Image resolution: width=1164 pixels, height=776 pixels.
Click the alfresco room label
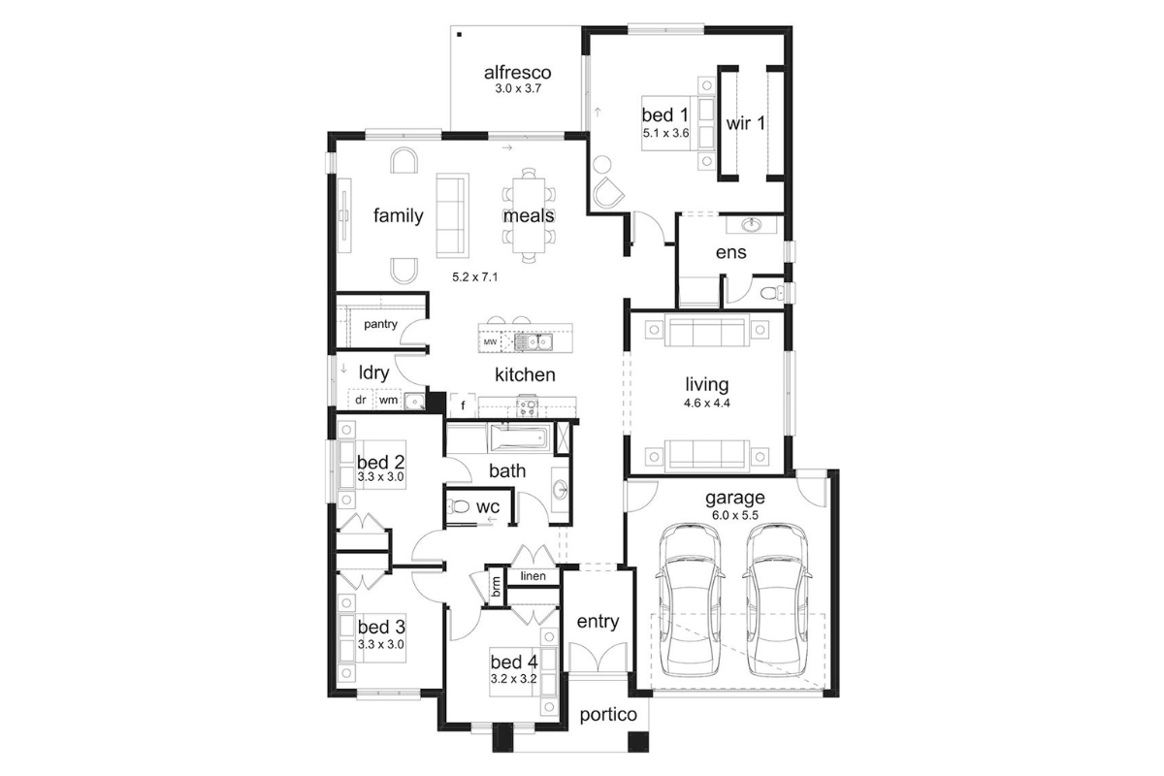pos(517,72)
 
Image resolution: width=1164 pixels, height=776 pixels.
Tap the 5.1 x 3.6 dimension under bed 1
pos(665,133)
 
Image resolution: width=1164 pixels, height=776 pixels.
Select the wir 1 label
pos(745,124)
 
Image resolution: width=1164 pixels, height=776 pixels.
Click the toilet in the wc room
pos(458,505)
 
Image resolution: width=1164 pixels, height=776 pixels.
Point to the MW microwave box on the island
pos(490,342)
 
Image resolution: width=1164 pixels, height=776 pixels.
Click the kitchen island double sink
pos(533,342)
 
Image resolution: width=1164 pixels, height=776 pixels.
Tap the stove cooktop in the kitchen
pos(528,405)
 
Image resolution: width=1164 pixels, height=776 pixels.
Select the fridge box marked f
pos(463,404)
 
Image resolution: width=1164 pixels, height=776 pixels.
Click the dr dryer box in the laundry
pos(361,400)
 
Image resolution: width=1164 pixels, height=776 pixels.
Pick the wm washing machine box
pos(388,400)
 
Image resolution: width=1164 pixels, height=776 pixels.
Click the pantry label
pos(380,324)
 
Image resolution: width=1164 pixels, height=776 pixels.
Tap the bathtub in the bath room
pos(520,438)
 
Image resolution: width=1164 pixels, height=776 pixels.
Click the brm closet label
pos(497,587)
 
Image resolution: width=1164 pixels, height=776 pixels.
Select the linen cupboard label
pos(533,576)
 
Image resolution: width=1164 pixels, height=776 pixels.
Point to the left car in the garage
pos(690,600)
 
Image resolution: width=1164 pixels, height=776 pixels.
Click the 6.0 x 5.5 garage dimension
pos(735,516)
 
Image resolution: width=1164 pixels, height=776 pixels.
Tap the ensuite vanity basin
pos(751,225)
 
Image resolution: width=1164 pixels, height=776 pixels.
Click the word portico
pos(608,715)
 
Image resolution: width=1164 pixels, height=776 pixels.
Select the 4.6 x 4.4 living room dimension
pos(707,403)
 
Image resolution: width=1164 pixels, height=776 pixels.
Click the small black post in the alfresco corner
pos(460,35)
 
